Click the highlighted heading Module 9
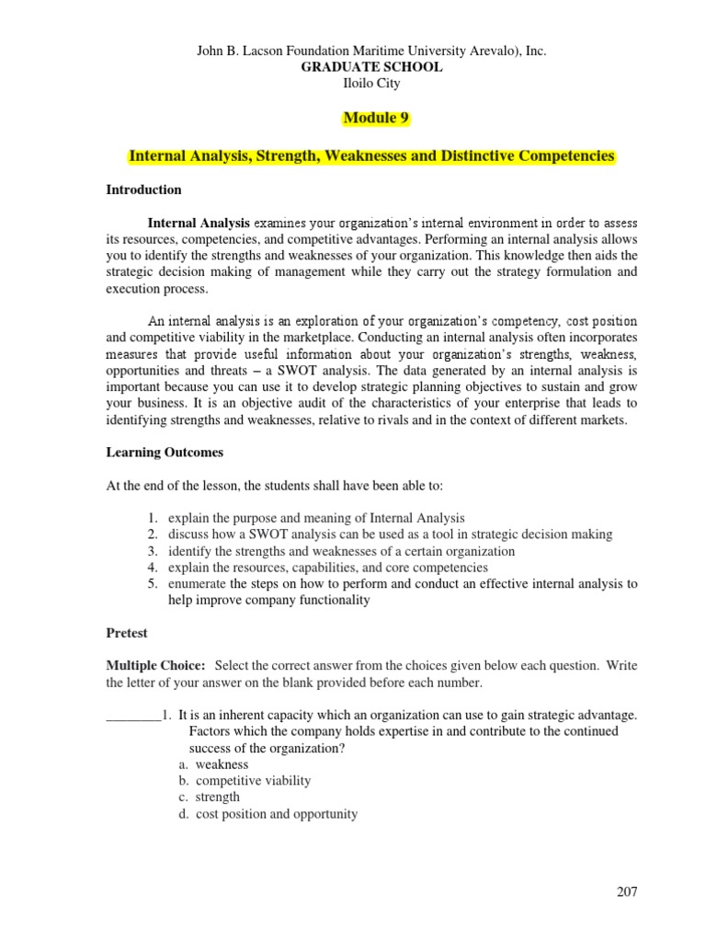click(376, 119)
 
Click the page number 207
click(626, 891)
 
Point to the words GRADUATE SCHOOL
click(372, 67)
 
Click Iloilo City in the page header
click(372, 83)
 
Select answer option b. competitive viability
click(245, 780)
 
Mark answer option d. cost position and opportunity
click(268, 813)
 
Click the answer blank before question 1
click(133, 715)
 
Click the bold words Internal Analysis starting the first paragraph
click(199, 223)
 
